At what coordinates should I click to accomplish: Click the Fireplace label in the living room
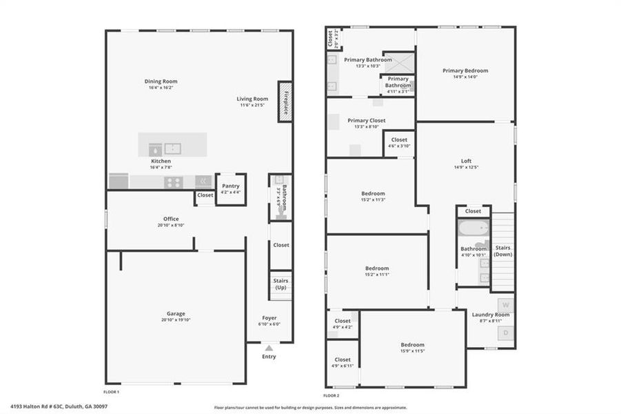(285, 102)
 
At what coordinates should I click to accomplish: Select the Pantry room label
(231, 185)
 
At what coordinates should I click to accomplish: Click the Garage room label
(175, 314)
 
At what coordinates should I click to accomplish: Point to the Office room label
(171, 219)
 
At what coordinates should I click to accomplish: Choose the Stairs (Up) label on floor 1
(281, 284)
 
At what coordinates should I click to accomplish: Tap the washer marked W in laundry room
(505, 304)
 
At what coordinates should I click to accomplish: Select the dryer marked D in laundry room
(505, 333)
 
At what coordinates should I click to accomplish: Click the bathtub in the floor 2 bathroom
(474, 228)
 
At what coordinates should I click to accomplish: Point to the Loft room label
(466, 160)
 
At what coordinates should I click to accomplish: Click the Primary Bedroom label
(465, 70)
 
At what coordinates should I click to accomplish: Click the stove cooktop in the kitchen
(174, 182)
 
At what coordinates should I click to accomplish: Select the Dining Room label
(161, 81)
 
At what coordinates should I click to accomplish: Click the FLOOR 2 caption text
(329, 396)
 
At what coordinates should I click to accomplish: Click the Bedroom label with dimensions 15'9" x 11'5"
(413, 344)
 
